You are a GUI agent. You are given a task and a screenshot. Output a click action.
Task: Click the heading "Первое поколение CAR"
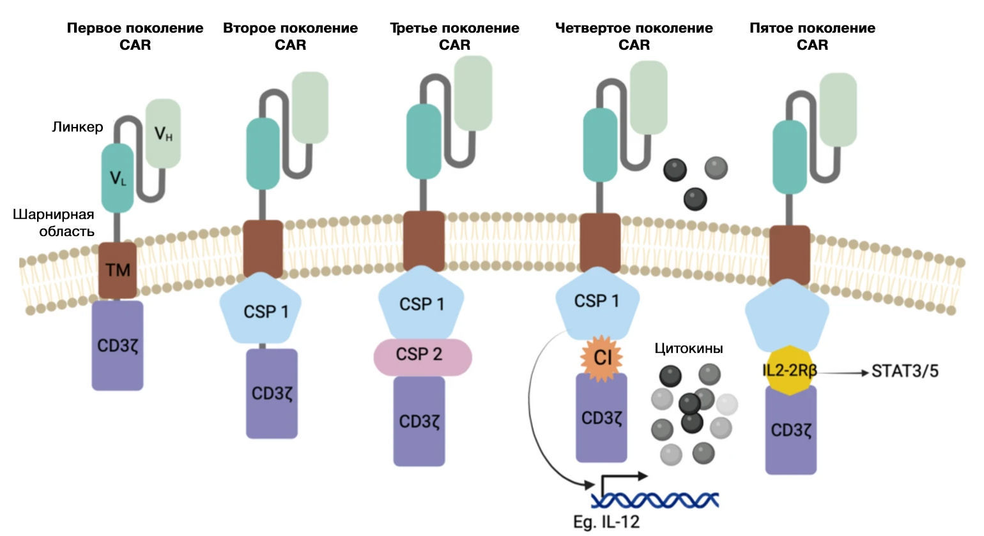pyautogui.click(x=135, y=36)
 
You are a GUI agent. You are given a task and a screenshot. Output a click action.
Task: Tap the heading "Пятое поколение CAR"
pyautogui.click(x=812, y=36)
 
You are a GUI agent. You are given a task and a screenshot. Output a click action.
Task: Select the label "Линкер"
pyautogui.click(x=77, y=127)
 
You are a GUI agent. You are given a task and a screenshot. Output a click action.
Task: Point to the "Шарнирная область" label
pyautogui.click(x=54, y=223)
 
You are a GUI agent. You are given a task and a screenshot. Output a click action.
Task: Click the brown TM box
pyautogui.click(x=118, y=270)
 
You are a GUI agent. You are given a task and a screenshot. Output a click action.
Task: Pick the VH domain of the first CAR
pyautogui.click(x=164, y=133)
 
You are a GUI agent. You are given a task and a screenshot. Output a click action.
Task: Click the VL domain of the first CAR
pyautogui.click(x=118, y=177)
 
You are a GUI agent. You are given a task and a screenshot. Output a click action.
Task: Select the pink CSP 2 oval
pyautogui.click(x=422, y=355)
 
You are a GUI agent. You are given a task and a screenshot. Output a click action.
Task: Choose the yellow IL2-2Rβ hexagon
pyautogui.click(x=790, y=371)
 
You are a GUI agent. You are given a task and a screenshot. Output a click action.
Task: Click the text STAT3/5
pyautogui.click(x=905, y=371)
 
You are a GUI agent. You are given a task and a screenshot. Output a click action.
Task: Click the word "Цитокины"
pyautogui.click(x=689, y=348)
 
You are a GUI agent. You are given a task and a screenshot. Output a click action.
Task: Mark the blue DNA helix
pyautogui.click(x=656, y=500)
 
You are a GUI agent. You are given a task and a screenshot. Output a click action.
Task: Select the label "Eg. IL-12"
pyautogui.click(x=606, y=521)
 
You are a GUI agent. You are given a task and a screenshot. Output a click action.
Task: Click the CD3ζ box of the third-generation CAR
pyautogui.click(x=419, y=421)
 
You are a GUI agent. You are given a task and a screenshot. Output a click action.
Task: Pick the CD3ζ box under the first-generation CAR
pyautogui.click(x=118, y=345)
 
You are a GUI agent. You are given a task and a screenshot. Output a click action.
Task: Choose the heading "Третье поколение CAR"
pyautogui.click(x=454, y=36)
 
